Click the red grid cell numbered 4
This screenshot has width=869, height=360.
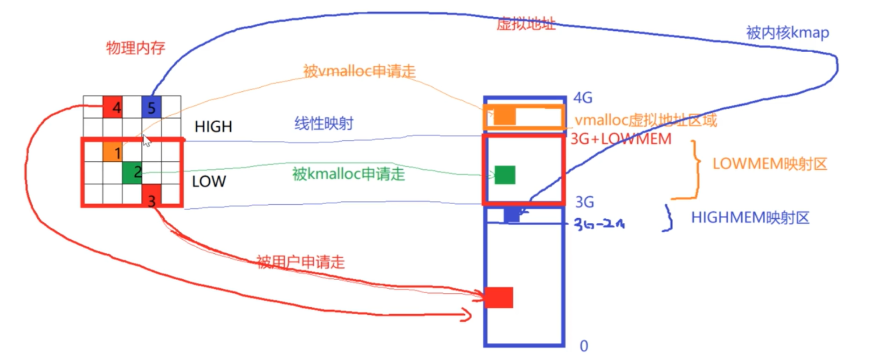[112, 107]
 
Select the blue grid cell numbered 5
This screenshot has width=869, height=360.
[152, 107]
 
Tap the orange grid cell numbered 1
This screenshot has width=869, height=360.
[112, 152]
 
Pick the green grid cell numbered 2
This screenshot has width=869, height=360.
[132, 173]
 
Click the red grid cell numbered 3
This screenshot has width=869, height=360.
[152, 194]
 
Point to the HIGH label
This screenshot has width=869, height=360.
[213, 126]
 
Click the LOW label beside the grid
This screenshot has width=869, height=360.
[209, 181]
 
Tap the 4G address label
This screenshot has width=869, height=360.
[583, 98]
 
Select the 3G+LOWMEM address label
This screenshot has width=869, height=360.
[621, 139]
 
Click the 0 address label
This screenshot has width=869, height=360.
[584, 346]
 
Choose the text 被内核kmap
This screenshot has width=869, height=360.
[787, 33]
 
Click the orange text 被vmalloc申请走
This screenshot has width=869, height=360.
[359, 71]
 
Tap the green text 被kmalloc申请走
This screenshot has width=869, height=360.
[349, 174]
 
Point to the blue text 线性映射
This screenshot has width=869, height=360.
[324, 124]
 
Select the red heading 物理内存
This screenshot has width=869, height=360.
[136, 48]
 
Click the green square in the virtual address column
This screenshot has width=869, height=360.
[505, 175]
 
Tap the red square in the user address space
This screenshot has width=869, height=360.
[499, 298]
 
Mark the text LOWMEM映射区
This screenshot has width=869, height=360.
[770, 164]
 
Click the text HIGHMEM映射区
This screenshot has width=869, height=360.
[750, 218]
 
